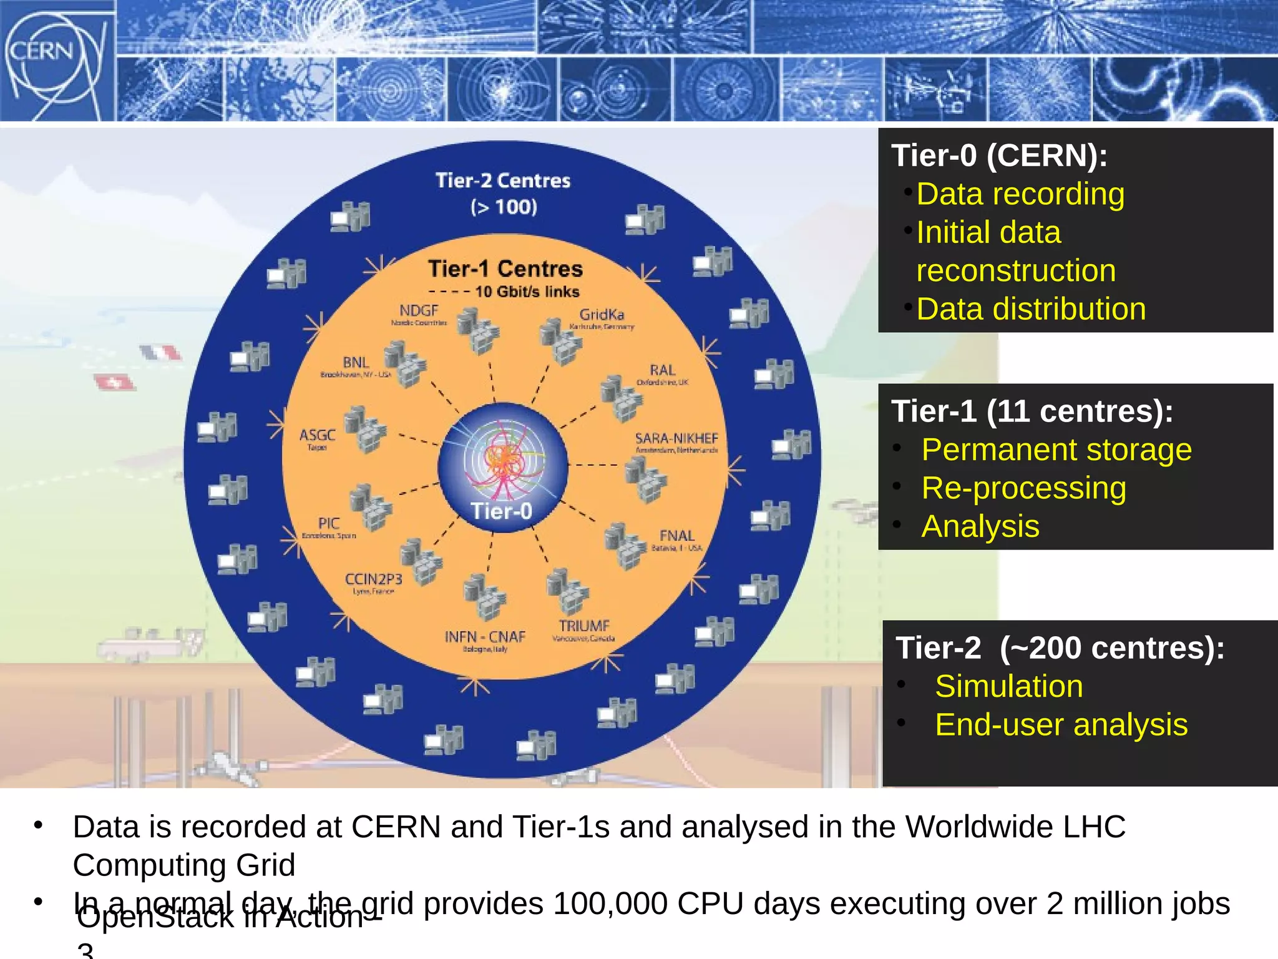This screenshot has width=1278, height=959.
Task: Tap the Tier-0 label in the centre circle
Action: point(502,511)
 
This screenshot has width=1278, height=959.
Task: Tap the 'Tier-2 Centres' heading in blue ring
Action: point(503,181)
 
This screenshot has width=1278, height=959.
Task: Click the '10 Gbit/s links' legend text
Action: point(527,292)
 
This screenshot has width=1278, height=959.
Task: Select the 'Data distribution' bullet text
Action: point(1031,309)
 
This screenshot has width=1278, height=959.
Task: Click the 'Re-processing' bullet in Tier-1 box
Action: point(1023,488)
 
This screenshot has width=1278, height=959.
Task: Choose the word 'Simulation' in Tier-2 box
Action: point(1008,686)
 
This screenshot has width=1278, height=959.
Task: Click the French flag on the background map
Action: point(161,353)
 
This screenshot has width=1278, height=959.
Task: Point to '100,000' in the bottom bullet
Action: point(610,903)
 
